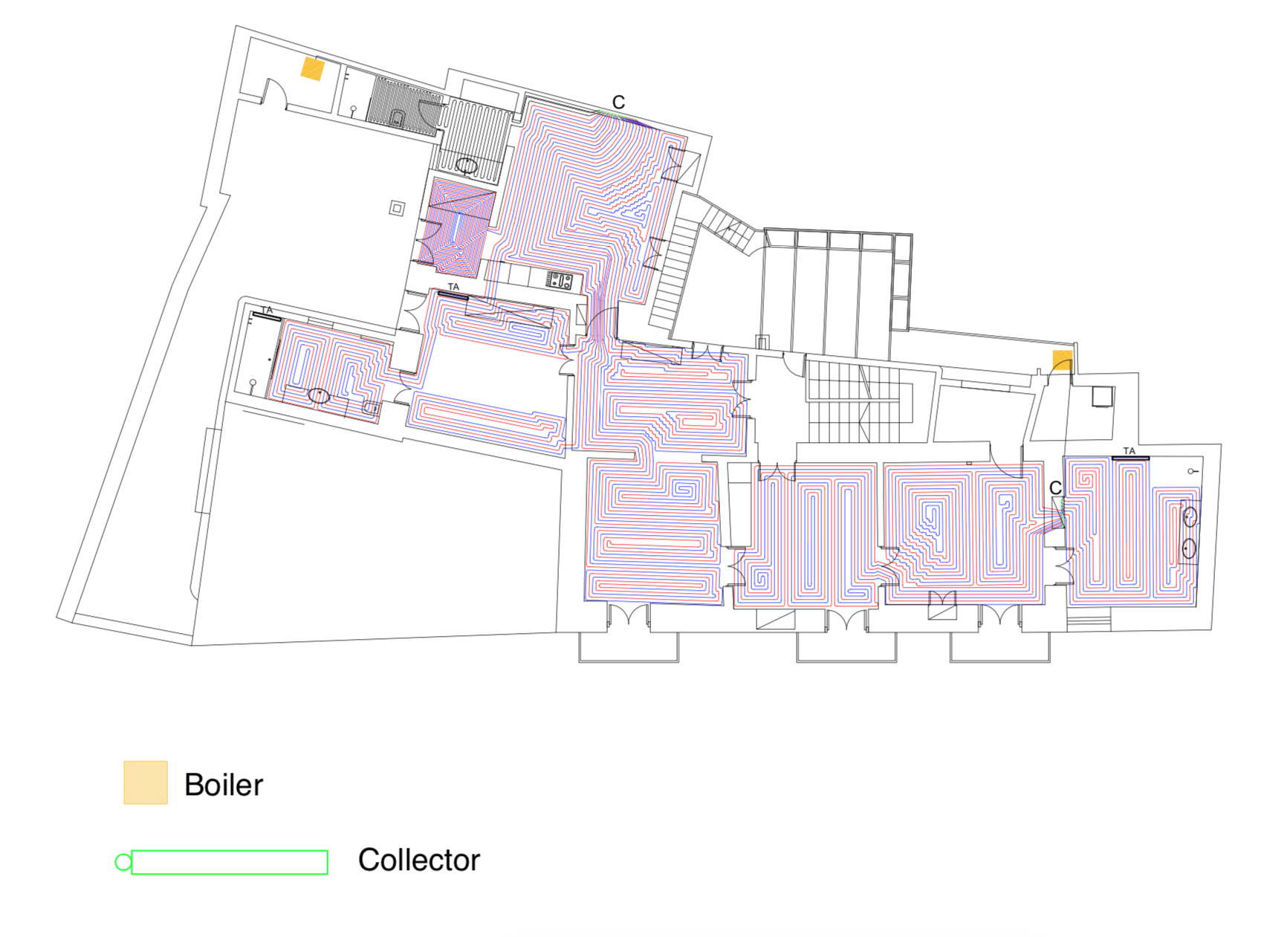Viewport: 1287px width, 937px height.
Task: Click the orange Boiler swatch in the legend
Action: (x=146, y=782)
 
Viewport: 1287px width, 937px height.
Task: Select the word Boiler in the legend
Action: (x=224, y=785)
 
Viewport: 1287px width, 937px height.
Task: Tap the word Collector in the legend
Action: (x=419, y=860)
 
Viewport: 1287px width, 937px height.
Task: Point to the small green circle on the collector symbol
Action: (x=123, y=862)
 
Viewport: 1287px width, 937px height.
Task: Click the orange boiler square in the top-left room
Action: (x=313, y=69)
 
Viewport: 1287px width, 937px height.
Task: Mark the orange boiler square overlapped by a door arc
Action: (x=1063, y=361)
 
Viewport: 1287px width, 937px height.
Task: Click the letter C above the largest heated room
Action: (x=618, y=103)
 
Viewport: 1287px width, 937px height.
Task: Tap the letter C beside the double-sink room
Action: (x=1055, y=488)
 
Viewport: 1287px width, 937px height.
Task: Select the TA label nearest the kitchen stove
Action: (x=453, y=287)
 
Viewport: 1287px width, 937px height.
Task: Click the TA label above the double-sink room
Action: (x=1129, y=451)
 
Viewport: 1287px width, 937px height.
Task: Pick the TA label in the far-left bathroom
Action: (x=268, y=310)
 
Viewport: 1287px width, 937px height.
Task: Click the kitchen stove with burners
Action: (x=560, y=281)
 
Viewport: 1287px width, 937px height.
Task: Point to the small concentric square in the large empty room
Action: (x=397, y=209)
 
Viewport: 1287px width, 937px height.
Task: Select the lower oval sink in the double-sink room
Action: (x=1190, y=548)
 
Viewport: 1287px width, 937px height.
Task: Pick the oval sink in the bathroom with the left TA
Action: (x=319, y=396)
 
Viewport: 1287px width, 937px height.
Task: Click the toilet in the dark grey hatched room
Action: (x=398, y=117)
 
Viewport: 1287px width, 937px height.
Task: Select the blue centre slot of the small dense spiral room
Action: (x=456, y=227)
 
